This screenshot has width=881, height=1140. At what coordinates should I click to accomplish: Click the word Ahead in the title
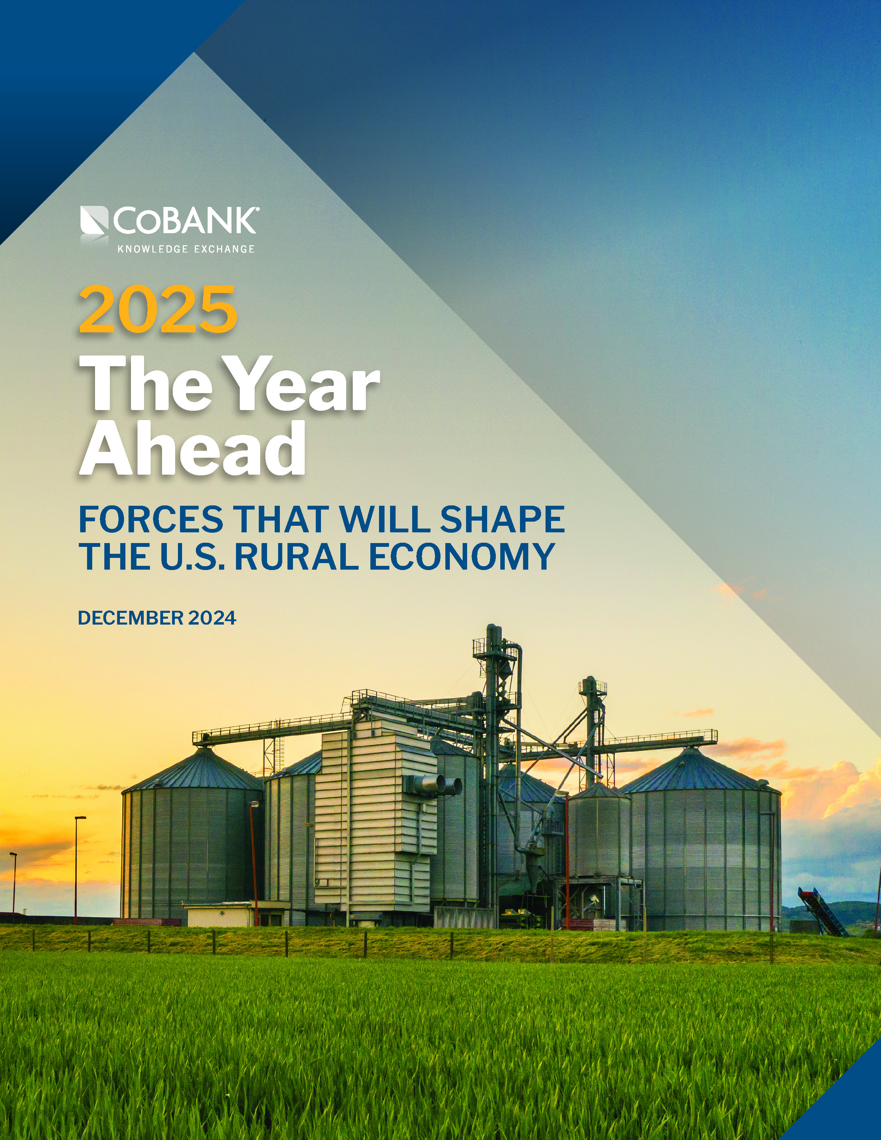coord(192,448)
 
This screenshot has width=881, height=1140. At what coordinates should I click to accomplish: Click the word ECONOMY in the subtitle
coord(461,557)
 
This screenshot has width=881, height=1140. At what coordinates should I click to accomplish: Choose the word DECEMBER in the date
coord(131,618)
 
